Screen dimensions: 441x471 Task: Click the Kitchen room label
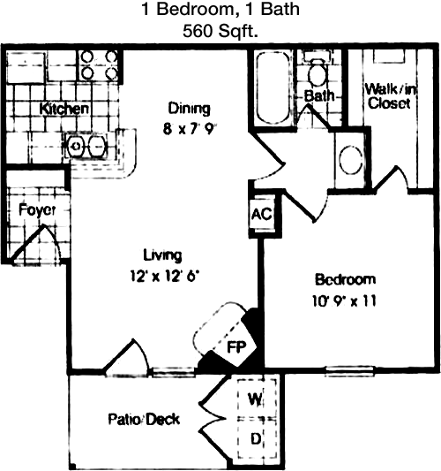tap(64, 109)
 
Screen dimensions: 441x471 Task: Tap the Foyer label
tap(37, 210)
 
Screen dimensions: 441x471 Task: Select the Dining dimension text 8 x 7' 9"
tap(190, 129)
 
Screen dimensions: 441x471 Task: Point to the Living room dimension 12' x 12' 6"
tap(165, 276)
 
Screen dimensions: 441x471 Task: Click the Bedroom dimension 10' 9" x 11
tap(344, 301)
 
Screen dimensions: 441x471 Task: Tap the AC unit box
tap(262, 214)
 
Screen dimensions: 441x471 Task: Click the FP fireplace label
tap(236, 347)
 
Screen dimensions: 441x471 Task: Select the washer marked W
tap(256, 398)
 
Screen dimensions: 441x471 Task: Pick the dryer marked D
tap(256, 438)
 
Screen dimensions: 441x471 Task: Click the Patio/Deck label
tap(144, 420)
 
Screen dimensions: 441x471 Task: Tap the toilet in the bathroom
tap(318, 70)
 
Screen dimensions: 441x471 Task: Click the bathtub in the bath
tap(274, 87)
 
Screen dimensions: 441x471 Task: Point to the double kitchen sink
tap(86, 147)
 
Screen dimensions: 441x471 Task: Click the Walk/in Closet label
tap(390, 96)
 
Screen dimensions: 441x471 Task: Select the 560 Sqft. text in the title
tap(220, 31)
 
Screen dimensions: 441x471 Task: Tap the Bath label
tap(319, 96)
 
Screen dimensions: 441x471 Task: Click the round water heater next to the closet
tap(351, 160)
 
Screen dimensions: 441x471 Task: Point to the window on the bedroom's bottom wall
tap(350, 371)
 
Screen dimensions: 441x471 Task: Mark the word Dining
tap(189, 109)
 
